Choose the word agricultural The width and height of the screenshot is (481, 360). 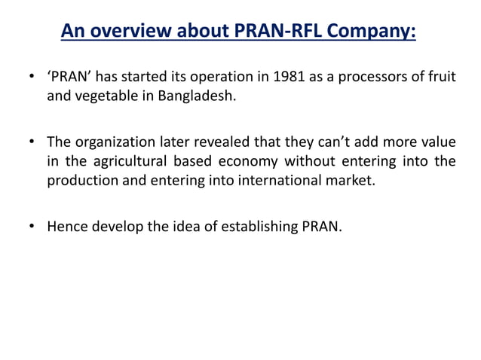coord(121,161)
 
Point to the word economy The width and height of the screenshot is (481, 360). coord(251,161)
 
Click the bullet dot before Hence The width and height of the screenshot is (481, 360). coord(31,225)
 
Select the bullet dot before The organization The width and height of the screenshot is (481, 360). coord(31,142)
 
